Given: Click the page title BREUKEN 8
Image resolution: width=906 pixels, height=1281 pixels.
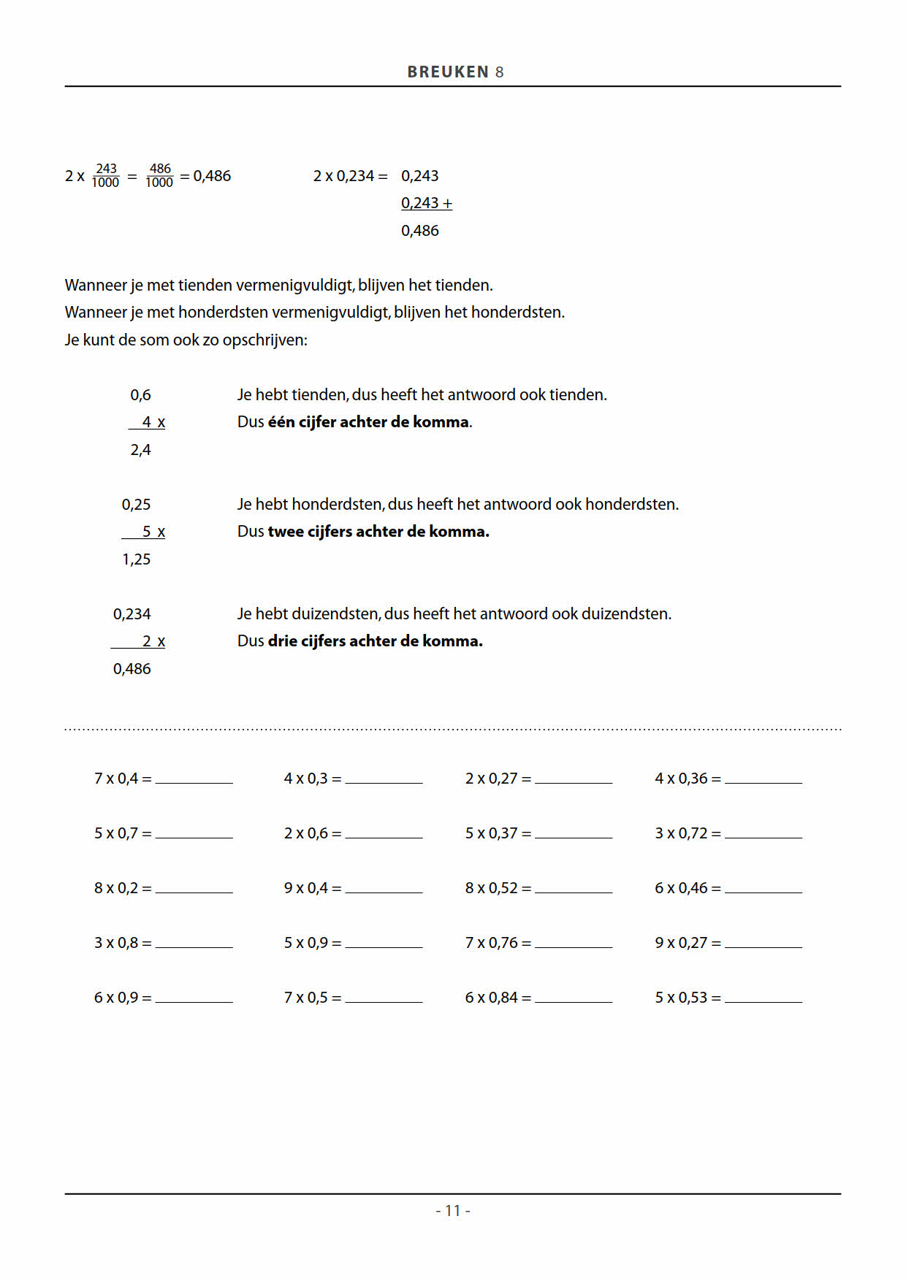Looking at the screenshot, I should pyautogui.click(x=455, y=72).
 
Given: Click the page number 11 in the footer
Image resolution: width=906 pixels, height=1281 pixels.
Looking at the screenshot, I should pyautogui.click(x=453, y=1210).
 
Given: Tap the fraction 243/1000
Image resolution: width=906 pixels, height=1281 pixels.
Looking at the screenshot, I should pyautogui.click(x=106, y=175).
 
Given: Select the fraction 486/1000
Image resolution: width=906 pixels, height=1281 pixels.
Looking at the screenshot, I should pyautogui.click(x=159, y=175).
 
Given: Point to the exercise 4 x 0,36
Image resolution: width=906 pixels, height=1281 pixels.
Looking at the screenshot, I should pyautogui.click(x=687, y=779).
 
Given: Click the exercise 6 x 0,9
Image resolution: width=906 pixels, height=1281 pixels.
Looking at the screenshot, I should pyautogui.click(x=122, y=998).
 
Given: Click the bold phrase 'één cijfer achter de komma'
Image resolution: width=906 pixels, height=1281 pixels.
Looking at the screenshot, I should pyautogui.click(x=368, y=422).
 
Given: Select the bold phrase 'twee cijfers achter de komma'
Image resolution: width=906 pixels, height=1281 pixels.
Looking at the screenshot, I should pyautogui.click(x=378, y=532).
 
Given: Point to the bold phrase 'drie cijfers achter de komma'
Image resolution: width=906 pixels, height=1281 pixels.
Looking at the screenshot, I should pyautogui.click(x=375, y=641).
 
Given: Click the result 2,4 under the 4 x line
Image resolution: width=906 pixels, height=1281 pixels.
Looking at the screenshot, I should pyautogui.click(x=140, y=450).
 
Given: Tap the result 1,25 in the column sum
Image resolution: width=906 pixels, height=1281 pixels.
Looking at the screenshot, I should pyautogui.click(x=137, y=559).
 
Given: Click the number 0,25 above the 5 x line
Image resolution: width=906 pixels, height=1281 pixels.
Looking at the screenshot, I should pyautogui.click(x=137, y=505).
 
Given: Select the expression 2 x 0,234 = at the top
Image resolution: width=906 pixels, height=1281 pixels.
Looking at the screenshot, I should pyautogui.click(x=350, y=176).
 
